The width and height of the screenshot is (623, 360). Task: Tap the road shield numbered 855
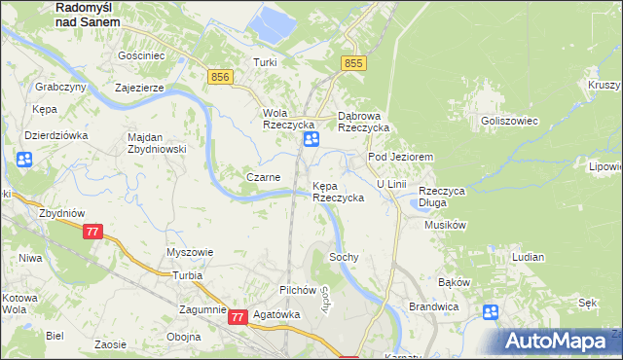tap(352, 63)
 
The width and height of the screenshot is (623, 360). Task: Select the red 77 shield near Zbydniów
tap(92, 232)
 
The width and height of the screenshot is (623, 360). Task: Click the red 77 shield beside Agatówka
tap(238, 316)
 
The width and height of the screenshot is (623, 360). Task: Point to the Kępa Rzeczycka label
tap(338, 191)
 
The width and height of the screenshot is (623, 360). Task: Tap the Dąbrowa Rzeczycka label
tap(363, 121)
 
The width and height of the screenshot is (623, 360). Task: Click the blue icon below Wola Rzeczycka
tap(311, 141)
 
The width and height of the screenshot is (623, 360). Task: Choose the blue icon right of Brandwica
tap(491, 312)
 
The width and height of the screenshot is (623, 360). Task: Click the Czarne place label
tap(263, 177)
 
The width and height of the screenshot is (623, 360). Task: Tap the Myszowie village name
tap(190, 252)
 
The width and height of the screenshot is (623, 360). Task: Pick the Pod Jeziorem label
tap(399, 157)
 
